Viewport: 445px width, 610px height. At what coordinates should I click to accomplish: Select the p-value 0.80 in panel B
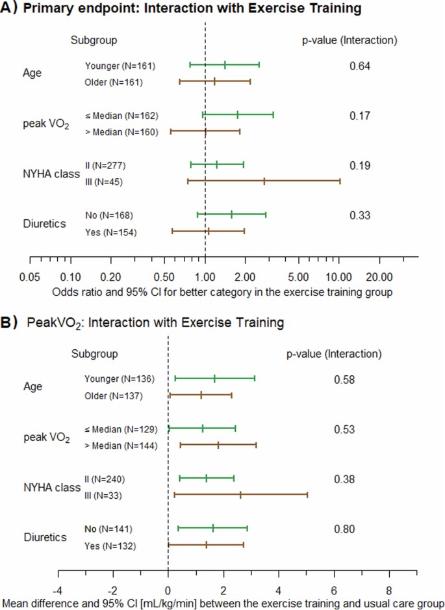(344, 529)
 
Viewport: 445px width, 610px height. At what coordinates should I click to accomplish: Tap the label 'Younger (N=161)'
(120, 66)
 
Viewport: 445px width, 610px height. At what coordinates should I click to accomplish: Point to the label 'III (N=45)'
(103, 181)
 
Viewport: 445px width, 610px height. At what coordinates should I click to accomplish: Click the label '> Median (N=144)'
(120, 445)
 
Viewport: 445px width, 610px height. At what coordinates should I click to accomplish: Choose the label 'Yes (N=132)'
(110, 546)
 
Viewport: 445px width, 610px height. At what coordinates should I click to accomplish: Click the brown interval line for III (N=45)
(263, 181)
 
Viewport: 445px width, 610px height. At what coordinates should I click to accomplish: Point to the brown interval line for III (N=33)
(240, 495)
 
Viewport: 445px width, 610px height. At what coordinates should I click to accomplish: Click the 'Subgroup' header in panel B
(94, 354)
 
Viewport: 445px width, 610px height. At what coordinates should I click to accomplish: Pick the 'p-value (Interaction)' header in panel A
(350, 40)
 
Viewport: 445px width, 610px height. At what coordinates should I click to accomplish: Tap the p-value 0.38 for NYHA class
(344, 479)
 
